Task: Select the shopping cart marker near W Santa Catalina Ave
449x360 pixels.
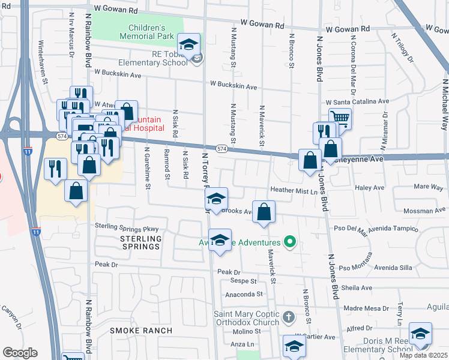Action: click(x=340, y=118)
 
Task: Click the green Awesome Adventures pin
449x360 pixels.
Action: click(x=291, y=242)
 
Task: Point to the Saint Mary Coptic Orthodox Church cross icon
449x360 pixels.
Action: click(x=288, y=316)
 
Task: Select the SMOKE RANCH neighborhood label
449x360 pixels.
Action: click(x=141, y=331)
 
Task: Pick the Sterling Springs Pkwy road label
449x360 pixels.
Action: click(x=127, y=227)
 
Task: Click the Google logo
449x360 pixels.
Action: click(x=20, y=352)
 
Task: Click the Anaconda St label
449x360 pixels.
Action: click(x=244, y=294)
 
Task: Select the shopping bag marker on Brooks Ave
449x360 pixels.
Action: click(x=264, y=212)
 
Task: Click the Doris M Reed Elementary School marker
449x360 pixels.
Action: click(x=420, y=334)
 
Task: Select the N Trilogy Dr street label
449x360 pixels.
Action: click(x=402, y=48)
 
